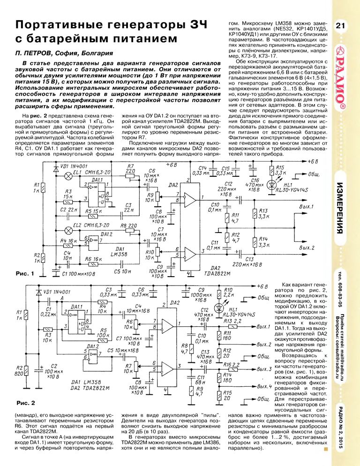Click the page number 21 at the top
coord(341,26)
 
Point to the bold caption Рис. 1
coord(25,273)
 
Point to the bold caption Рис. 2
coord(26,402)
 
